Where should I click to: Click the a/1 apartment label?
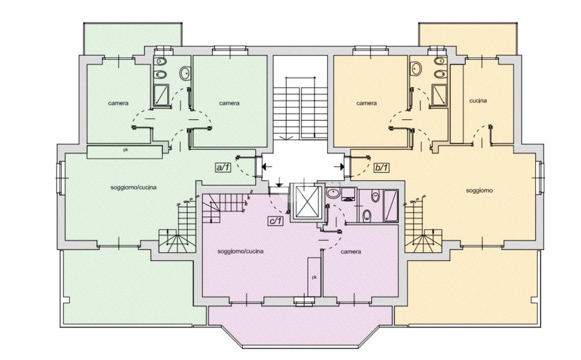(x=223, y=167)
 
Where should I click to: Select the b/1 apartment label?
(x=382, y=167)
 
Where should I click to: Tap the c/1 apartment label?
(x=275, y=221)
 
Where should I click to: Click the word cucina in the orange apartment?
(x=478, y=101)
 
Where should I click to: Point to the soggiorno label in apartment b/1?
(x=479, y=191)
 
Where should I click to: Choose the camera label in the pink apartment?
(x=351, y=252)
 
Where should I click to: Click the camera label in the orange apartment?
(x=367, y=103)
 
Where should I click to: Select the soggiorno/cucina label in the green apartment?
(x=134, y=187)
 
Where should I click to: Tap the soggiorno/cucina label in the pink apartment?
(x=241, y=252)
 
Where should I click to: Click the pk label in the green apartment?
(x=125, y=150)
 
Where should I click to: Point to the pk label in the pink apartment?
(x=314, y=277)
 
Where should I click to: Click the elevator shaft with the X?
(x=307, y=202)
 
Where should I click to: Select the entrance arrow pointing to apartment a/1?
(x=267, y=166)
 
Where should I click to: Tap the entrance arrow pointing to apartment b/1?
(x=339, y=166)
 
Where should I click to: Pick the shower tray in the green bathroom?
(x=161, y=95)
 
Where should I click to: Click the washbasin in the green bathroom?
(x=185, y=73)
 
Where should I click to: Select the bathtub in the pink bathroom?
(x=391, y=206)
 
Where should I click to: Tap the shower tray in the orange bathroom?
(x=440, y=95)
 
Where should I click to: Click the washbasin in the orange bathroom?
(x=416, y=69)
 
